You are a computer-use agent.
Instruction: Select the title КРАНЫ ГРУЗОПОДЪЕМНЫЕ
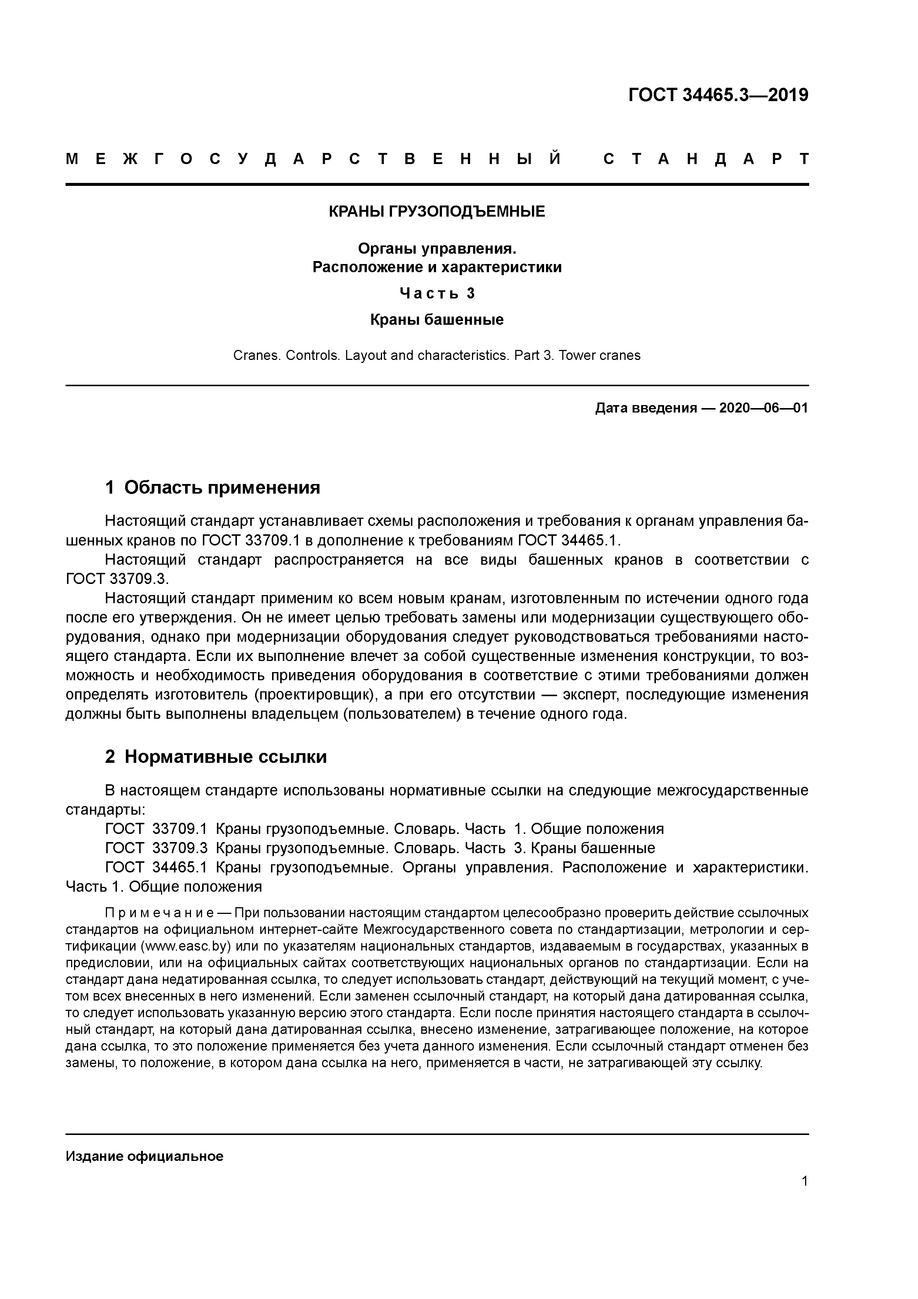click(437, 211)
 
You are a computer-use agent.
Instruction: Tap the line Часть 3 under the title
click(437, 293)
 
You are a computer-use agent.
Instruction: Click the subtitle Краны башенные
click(437, 320)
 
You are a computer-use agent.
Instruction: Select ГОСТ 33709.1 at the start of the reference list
click(157, 829)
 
